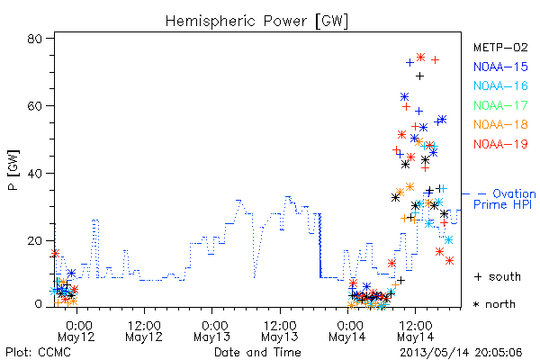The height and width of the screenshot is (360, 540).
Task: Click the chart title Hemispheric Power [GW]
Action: point(256,22)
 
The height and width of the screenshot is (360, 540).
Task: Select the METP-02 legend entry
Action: point(500,47)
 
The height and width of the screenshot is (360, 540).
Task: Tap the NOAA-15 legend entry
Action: point(500,67)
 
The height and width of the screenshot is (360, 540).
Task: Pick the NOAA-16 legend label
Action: point(500,85)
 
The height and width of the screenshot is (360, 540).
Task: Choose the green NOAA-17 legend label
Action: point(500,105)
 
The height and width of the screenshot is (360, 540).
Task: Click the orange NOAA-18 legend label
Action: point(500,124)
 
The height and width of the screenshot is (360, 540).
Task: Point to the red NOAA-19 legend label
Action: point(500,144)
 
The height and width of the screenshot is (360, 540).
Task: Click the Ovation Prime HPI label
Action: point(505,199)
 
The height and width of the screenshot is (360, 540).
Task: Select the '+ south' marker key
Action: point(498,276)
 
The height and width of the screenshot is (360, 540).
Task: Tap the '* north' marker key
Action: point(494,304)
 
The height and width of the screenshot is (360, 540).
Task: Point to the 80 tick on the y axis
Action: point(34,39)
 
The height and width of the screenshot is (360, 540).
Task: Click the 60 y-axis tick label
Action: point(34,106)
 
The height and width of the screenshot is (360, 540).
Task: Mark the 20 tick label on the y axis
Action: point(34,240)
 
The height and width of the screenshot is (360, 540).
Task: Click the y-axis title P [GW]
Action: point(13,170)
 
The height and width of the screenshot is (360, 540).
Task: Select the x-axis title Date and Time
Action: point(257,352)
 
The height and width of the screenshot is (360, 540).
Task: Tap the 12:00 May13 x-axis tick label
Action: point(280,331)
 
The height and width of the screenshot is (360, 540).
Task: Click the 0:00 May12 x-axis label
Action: point(76,331)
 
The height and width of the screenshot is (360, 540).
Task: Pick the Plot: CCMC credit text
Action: point(38,353)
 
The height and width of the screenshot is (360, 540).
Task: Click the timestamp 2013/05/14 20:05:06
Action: point(461,353)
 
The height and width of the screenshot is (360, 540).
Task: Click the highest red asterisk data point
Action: point(420,57)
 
